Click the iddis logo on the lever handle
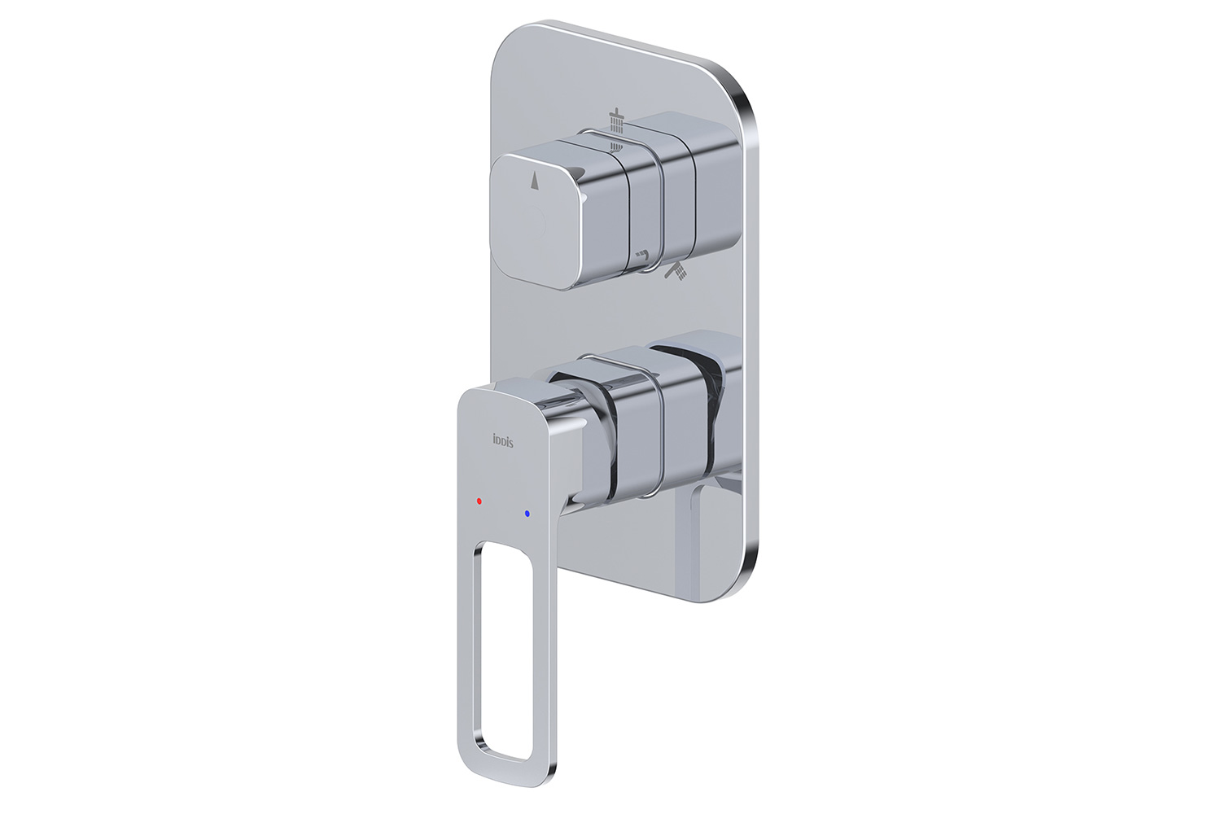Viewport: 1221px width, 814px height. (x=502, y=440)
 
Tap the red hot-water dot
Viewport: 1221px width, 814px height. (x=479, y=500)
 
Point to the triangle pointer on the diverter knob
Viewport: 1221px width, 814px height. (x=535, y=182)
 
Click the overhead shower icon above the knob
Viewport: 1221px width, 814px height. (x=616, y=120)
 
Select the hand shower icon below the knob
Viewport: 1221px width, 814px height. (x=676, y=271)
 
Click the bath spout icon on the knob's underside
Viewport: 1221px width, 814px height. (x=644, y=254)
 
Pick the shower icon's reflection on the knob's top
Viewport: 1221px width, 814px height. (x=616, y=147)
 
